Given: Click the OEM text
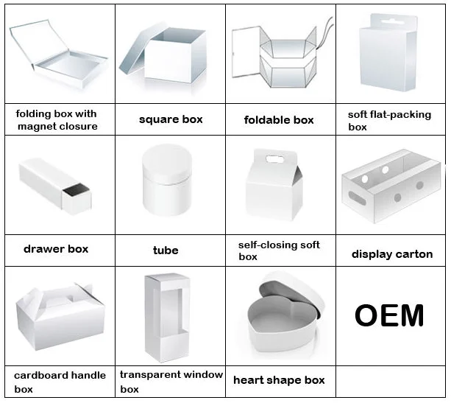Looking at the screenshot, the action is pyautogui.click(x=389, y=315).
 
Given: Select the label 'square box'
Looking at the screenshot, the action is pyautogui.click(x=171, y=119).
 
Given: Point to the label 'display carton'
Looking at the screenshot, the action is pyautogui.click(x=391, y=254).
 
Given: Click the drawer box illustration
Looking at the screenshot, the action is pyautogui.click(x=55, y=184).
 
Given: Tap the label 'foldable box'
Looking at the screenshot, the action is pyautogui.click(x=279, y=120).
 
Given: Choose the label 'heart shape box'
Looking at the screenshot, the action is pyautogui.click(x=279, y=380).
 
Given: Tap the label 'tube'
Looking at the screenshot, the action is pyautogui.click(x=166, y=250).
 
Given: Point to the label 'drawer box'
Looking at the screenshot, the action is pyautogui.click(x=56, y=249).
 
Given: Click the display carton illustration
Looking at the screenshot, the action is pyautogui.click(x=390, y=188).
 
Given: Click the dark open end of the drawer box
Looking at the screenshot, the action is pyautogui.click(x=75, y=195).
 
